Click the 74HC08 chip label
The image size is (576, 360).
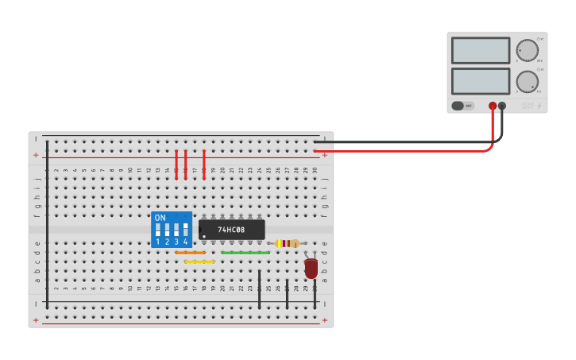(x=231, y=230)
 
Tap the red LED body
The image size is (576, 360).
(x=311, y=269)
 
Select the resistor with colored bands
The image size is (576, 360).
(x=288, y=243)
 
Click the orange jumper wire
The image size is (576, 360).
(x=190, y=253)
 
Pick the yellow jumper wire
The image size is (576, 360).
(x=199, y=261)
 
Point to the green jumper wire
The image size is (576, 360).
(x=245, y=253)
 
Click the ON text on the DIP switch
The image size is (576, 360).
(x=160, y=218)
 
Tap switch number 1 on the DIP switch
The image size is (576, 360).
(x=157, y=231)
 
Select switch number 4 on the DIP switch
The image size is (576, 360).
(x=185, y=231)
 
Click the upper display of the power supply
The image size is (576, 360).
(x=480, y=51)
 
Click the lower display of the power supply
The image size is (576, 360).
(x=480, y=81)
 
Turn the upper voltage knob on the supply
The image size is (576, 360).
(x=526, y=50)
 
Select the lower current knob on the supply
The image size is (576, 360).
(x=526, y=81)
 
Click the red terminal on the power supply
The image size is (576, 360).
(x=493, y=106)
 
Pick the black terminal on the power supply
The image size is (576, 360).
(x=502, y=106)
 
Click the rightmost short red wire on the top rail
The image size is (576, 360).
(x=204, y=165)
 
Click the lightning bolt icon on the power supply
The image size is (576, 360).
(x=539, y=106)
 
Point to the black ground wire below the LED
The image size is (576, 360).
(x=315, y=294)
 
